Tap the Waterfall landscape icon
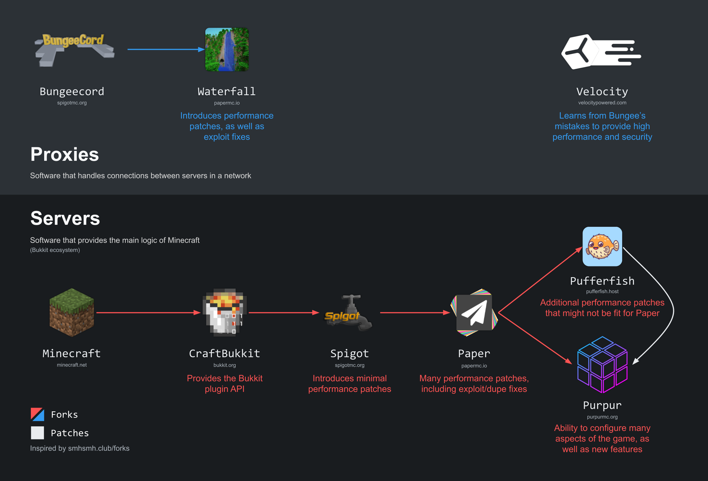(x=227, y=50)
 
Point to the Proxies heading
(x=65, y=155)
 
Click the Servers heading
(x=65, y=218)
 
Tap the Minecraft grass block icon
(x=72, y=313)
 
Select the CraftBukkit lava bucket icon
(x=225, y=313)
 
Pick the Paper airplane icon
(x=474, y=313)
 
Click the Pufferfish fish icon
(x=602, y=246)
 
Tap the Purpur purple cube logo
(x=602, y=365)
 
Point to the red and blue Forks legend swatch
(x=37, y=414)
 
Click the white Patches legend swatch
(x=37, y=433)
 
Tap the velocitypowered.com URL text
(x=602, y=103)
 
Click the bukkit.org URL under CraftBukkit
(x=225, y=365)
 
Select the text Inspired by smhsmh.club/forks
(x=80, y=448)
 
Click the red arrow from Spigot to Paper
(x=414, y=313)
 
